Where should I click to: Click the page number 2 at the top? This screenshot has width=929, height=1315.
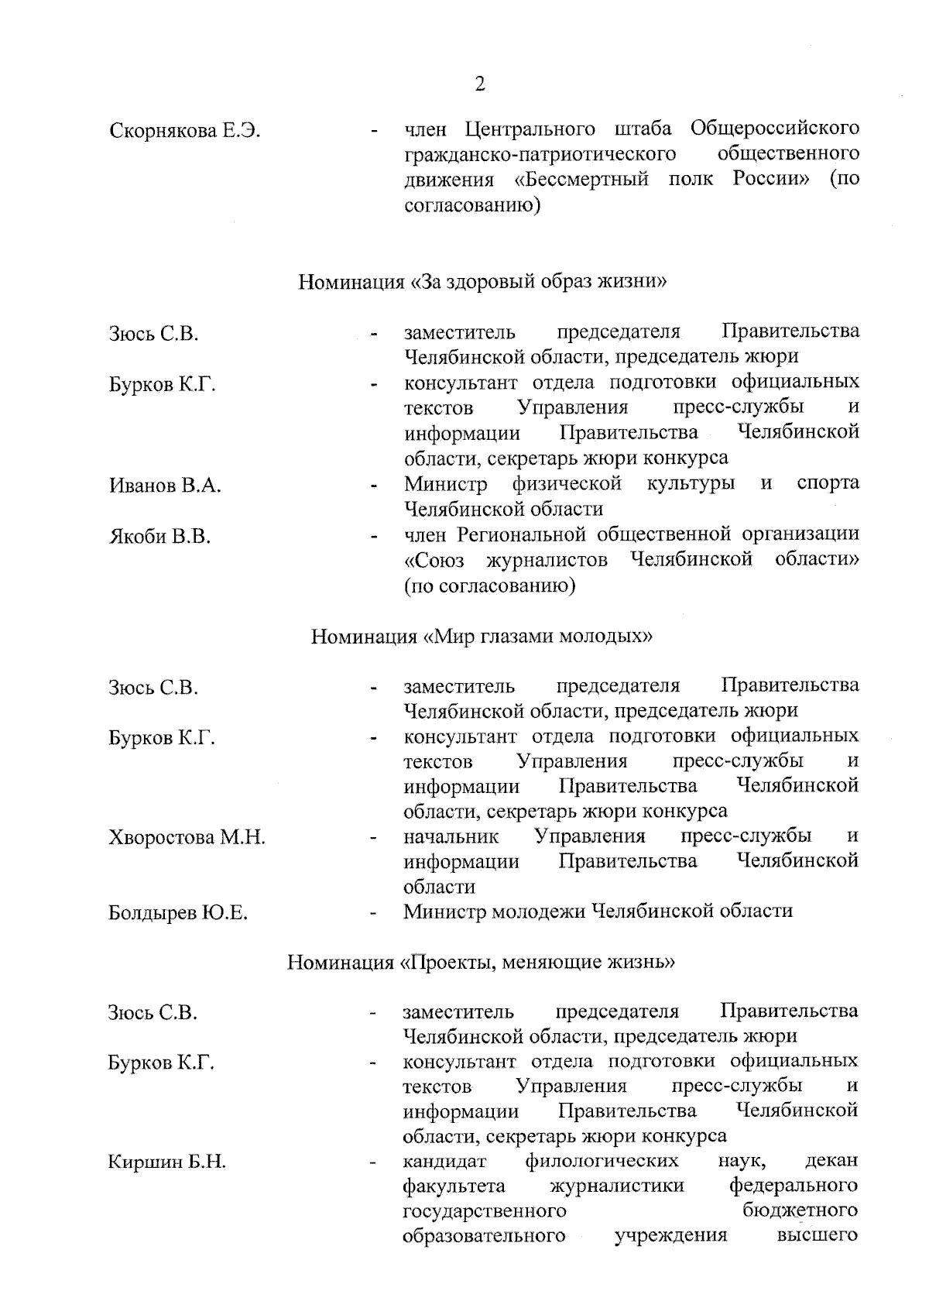(480, 84)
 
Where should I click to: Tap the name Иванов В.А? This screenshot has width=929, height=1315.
(165, 486)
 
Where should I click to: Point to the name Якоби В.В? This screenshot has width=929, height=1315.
(159, 537)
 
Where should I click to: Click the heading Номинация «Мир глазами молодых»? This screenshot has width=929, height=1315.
(482, 637)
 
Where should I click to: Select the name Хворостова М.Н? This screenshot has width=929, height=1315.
(187, 837)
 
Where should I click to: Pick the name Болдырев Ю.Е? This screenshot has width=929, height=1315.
(178, 913)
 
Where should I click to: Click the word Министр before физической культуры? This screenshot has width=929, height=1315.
(446, 484)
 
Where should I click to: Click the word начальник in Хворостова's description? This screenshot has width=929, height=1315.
(451, 836)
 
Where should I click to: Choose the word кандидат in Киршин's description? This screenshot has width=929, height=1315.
(444, 1162)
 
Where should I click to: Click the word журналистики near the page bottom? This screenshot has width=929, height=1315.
(617, 1186)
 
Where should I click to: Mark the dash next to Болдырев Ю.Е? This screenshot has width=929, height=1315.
(374, 914)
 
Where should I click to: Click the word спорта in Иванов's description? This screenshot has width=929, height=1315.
(828, 484)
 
